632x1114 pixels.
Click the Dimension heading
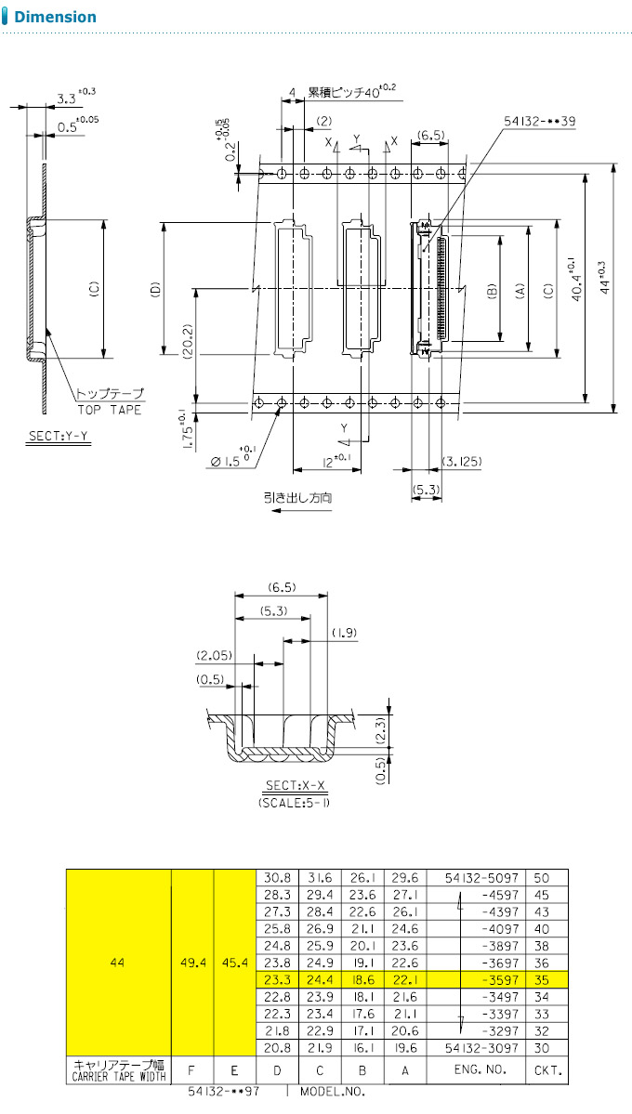tap(55, 17)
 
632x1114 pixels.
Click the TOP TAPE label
tap(109, 410)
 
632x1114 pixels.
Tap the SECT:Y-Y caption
tap(59, 437)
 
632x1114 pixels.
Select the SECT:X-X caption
tap(296, 786)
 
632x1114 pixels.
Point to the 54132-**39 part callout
tap(540, 122)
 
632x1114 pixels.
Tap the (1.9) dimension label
tap(343, 633)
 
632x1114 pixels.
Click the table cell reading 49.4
tap(192, 963)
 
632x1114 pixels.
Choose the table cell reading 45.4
tap(234, 963)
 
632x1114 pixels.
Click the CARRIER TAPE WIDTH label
tap(119, 1076)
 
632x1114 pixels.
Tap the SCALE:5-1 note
tap(296, 803)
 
